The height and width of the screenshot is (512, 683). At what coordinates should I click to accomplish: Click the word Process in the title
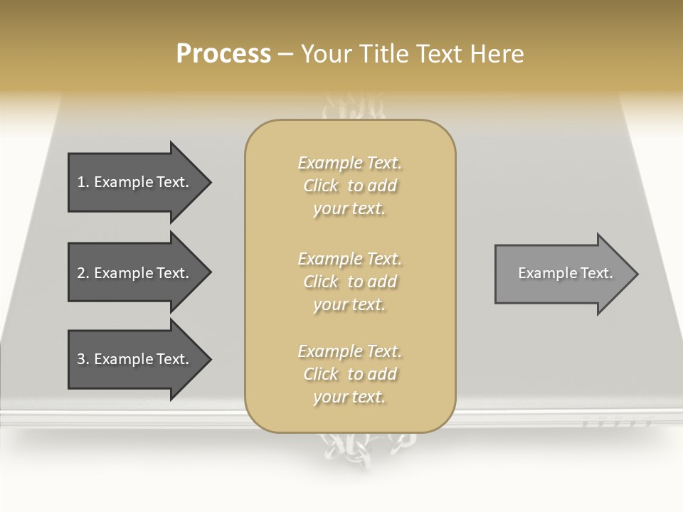pyautogui.click(x=223, y=54)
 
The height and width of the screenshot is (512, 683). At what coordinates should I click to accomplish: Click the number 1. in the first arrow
pyautogui.click(x=83, y=182)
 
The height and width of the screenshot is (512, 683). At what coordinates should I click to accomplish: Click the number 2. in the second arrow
pyautogui.click(x=83, y=273)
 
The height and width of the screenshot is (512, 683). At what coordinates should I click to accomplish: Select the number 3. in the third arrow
pyautogui.click(x=83, y=359)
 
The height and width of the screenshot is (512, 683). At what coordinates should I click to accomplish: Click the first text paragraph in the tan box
pyautogui.click(x=349, y=186)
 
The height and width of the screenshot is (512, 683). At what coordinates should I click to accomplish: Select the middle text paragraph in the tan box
pyautogui.click(x=349, y=282)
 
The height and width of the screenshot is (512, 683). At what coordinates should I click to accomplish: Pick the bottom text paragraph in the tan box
pyautogui.click(x=349, y=374)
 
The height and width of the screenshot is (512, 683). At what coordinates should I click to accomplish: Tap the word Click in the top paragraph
pyautogui.click(x=321, y=186)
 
